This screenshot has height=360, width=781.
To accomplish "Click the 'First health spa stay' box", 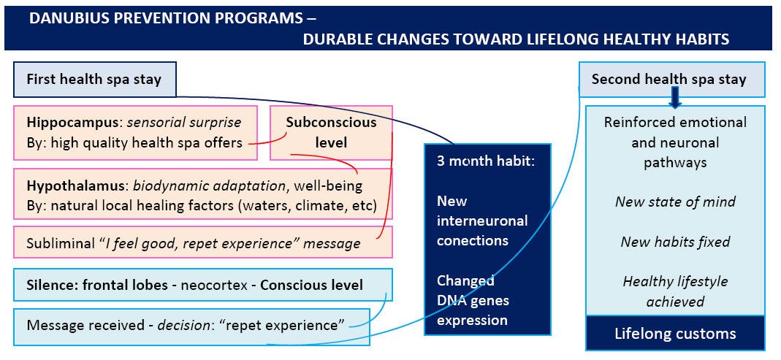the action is (95, 79).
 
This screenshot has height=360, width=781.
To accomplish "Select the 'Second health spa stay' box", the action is (672, 79).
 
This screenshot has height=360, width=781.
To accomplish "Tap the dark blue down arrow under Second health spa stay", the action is (675, 98).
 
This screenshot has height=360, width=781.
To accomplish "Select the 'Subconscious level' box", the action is (331, 132).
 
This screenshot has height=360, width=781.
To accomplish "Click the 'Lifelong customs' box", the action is (675, 332).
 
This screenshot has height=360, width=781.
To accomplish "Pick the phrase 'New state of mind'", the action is (675, 202).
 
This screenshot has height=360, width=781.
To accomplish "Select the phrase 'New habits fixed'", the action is (675, 242).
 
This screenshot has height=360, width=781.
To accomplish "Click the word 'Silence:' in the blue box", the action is (48, 286).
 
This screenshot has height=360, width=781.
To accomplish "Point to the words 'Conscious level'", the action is (312, 286).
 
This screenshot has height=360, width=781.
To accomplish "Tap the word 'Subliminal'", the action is (54, 243).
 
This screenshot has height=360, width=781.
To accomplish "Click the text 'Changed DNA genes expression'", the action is (473, 300).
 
